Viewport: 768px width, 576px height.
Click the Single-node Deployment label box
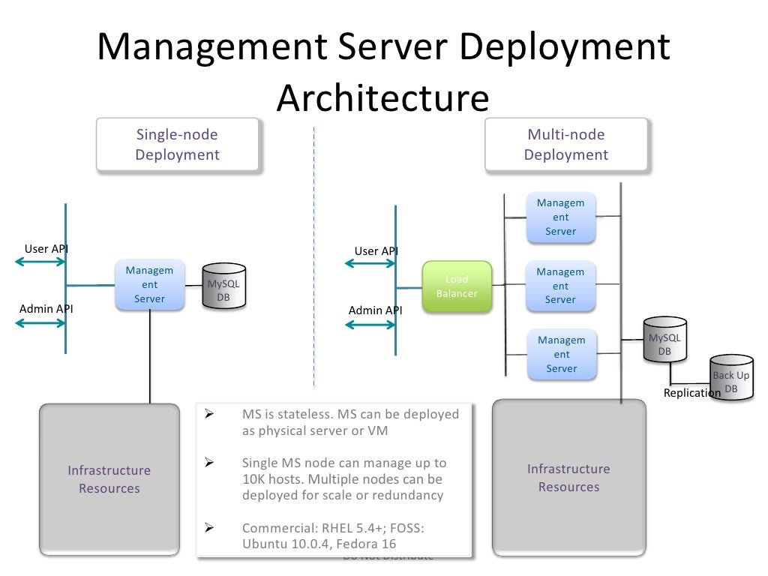coord(178,145)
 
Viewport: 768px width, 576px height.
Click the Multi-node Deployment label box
coord(565,145)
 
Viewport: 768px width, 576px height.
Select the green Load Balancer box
coord(457,286)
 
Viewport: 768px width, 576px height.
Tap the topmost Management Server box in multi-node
coord(560,217)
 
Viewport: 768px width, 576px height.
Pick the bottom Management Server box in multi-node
coord(560,354)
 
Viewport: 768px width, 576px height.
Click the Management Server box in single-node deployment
coord(149,285)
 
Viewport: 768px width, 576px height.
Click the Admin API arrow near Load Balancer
coord(370,324)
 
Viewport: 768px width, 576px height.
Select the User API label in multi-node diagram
coord(376,251)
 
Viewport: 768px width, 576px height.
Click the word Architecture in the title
coord(382,97)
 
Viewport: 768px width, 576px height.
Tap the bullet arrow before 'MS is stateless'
coord(210,414)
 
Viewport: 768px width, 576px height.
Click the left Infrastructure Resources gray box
coord(109,480)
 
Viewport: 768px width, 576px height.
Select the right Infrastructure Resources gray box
coord(568,478)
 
